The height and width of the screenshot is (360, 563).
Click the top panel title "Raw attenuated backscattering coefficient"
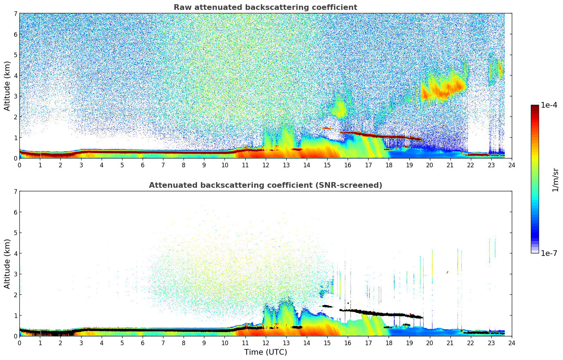click(x=265, y=7)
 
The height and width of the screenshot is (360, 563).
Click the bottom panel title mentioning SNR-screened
click(x=265, y=185)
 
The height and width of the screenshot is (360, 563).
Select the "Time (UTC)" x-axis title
click(x=265, y=352)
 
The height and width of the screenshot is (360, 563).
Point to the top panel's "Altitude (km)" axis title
click(x=7, y=86)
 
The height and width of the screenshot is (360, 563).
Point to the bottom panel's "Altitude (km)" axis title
click(x=7, y=264)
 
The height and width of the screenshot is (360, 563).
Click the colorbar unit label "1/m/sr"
click(x=555, y=180)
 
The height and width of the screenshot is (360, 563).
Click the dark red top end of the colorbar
click(x=535, y=107)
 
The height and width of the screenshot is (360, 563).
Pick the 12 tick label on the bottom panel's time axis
click(x=265, y=343)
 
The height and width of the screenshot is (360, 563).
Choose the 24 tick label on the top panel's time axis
click(x=511, y=165)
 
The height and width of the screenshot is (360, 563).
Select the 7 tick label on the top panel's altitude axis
click(x=15, y=14)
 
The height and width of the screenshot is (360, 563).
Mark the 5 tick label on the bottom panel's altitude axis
click(x=15, y=233)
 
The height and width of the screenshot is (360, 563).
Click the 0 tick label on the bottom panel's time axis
click(x=19, y=343)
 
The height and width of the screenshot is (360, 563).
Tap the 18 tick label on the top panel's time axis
click(x=389, y=165)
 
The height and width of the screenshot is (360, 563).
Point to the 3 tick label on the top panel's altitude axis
click(x=15, y=96)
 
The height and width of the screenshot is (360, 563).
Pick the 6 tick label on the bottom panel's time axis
click(x=143, y=343)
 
